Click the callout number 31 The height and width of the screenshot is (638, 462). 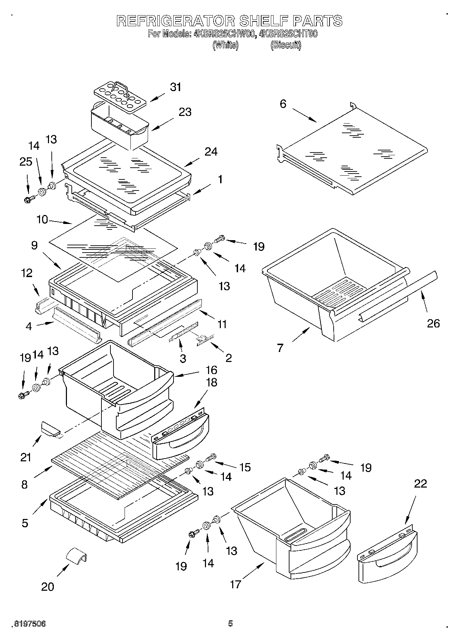tap(175, 87)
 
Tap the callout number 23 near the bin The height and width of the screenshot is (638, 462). tap(185, 112)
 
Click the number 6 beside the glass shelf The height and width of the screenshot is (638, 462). tap(283, 104)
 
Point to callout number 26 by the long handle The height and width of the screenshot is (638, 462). tap(433, 323)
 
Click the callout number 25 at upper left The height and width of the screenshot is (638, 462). tap(26, 161)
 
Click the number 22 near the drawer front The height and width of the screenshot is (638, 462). tap(420, 484)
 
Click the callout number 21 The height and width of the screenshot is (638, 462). tap(26, 458)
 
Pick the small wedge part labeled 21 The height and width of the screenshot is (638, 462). tap(50, 428)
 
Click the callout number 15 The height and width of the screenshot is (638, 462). tap(245, 468)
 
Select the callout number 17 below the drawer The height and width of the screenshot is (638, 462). tap(235, 585)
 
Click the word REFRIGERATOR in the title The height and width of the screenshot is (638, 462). tap(175, 21)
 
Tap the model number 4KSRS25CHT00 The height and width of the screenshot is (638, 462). tap(288, 34)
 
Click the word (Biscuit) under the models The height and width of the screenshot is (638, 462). tap(286, 45)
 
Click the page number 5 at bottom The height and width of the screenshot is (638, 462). tap(230, 624)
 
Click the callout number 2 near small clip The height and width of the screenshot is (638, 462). tap(228, 358)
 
